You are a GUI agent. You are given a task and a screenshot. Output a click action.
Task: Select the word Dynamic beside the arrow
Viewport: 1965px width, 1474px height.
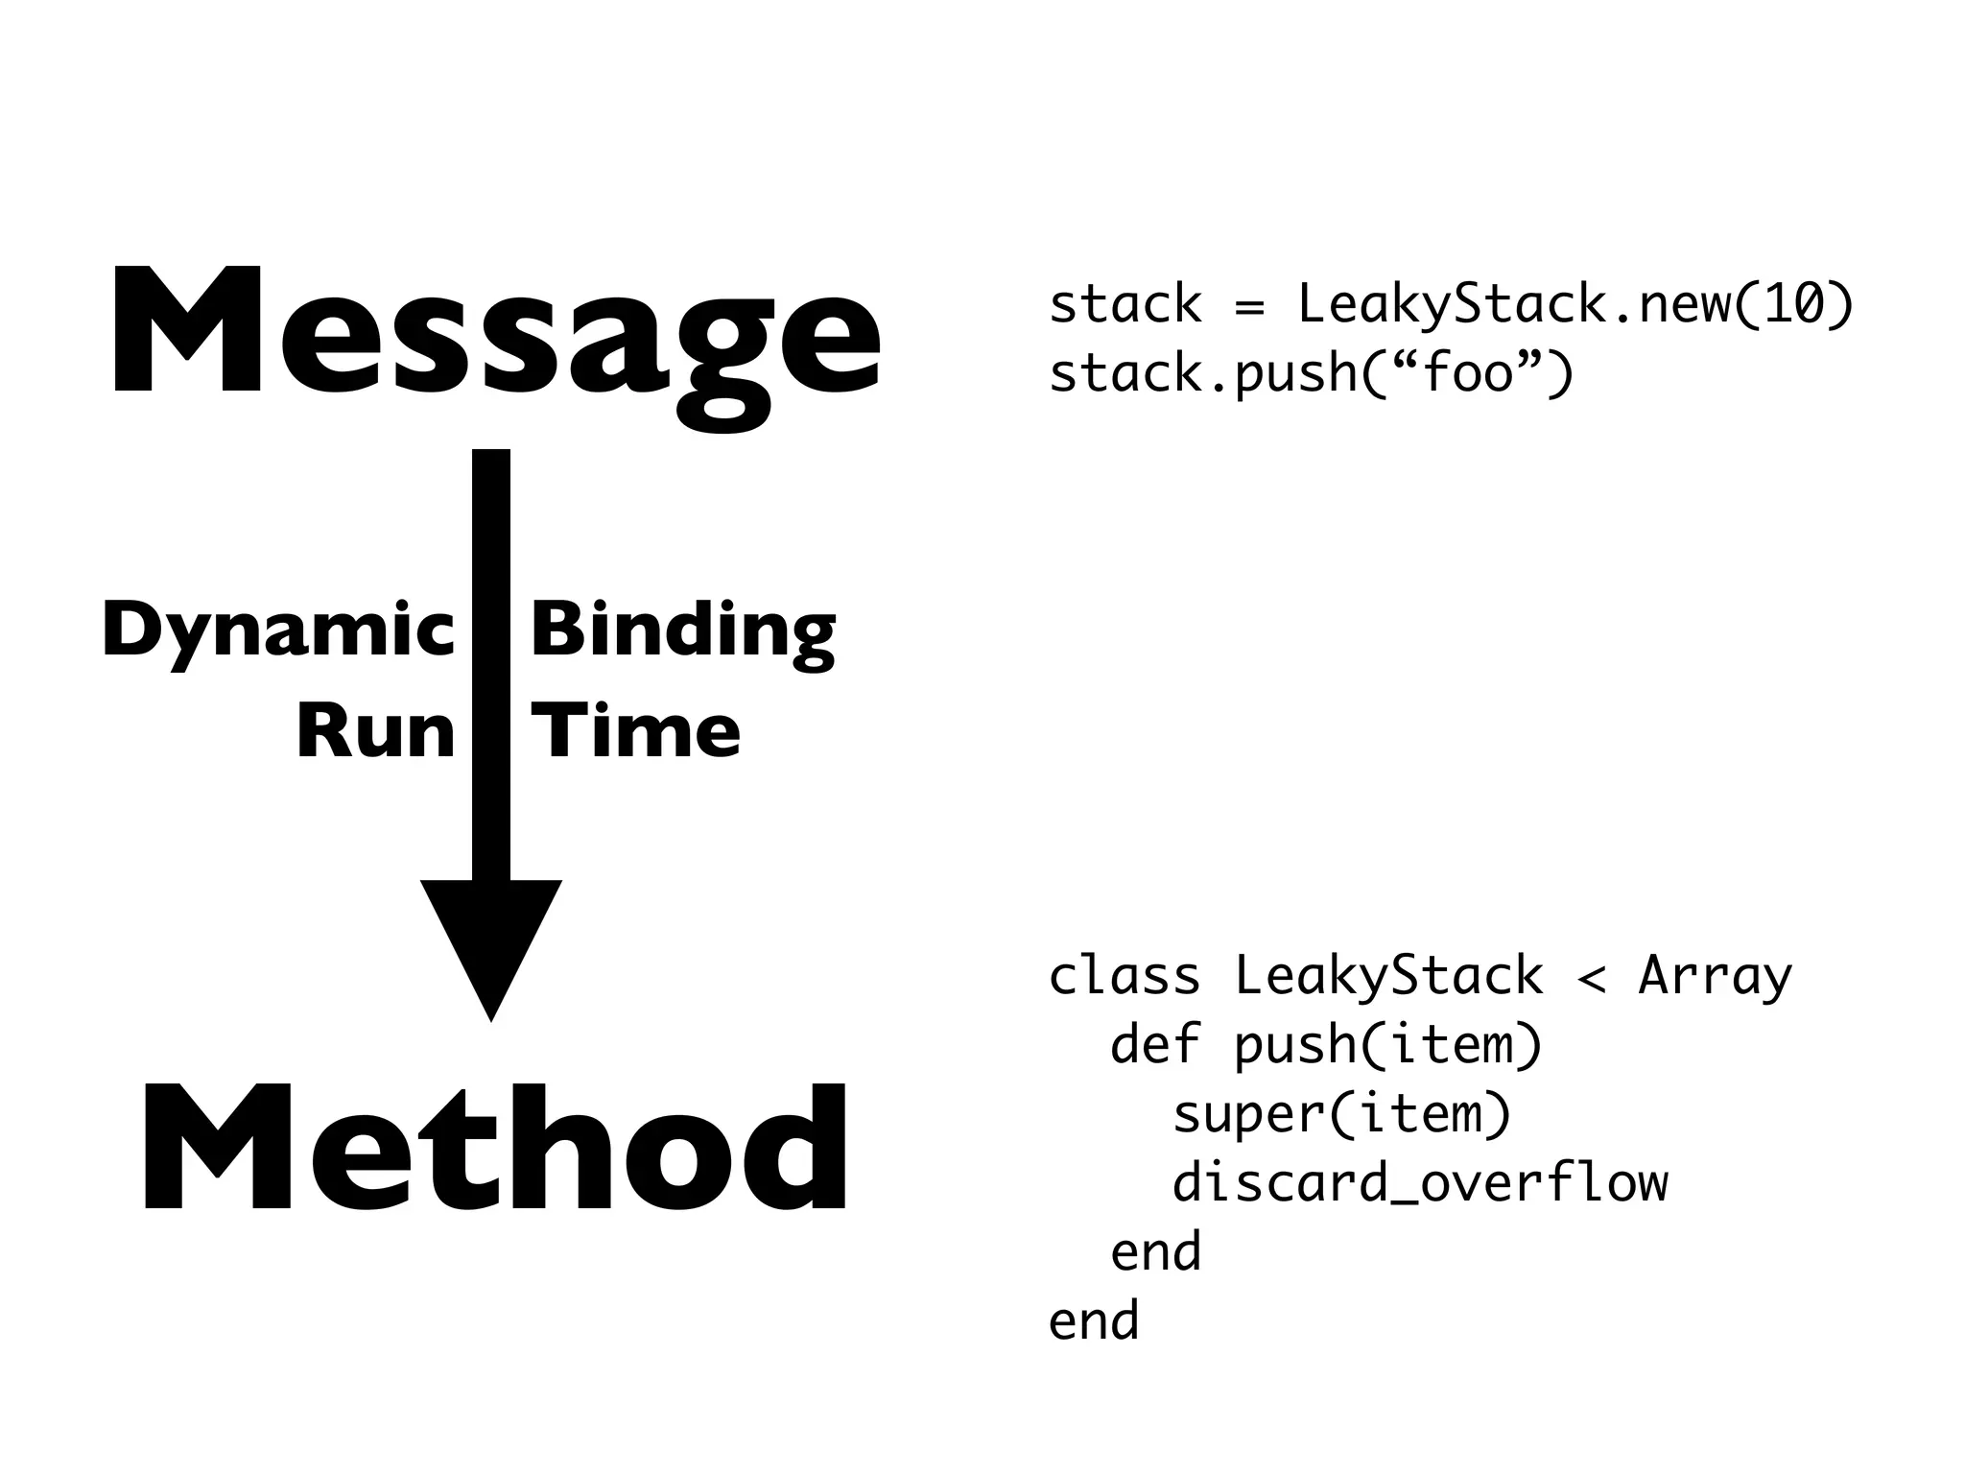click(278, 631)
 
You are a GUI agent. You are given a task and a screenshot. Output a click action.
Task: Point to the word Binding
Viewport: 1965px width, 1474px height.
click(682, 631)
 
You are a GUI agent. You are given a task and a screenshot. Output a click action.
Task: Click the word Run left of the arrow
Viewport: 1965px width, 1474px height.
click(375, 732)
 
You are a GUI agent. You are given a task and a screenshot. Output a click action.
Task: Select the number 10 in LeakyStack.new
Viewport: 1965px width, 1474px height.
click(1792, 304)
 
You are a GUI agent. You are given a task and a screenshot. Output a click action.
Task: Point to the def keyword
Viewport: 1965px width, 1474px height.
click(1155, 1044)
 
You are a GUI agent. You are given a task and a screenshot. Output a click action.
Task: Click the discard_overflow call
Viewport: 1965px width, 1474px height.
click(1420, 1183)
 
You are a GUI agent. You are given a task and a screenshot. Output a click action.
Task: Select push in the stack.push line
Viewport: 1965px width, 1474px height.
click(1295, 374)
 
